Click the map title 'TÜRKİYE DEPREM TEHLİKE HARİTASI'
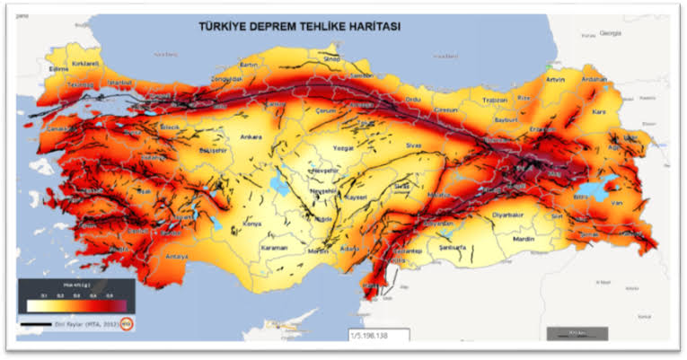pyautogui.click(x=299, y=27)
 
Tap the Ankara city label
pyautogui.click(x=251, y=137)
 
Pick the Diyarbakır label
pyautogui.click(x=508, y=215)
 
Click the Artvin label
pyautogui.click(x=556, y=80)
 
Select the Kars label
pyautogui.click(x=599, y=112)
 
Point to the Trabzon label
pyautogui.click(x=496, y=100)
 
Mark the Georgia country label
pyautogui.click(x=612, y=32)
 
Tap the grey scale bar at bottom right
pyautogui.click(x=575, y=334)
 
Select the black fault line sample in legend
pyautogui.click(x=36, y=324)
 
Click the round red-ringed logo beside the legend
pyautogui.click(x=128, y=324)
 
